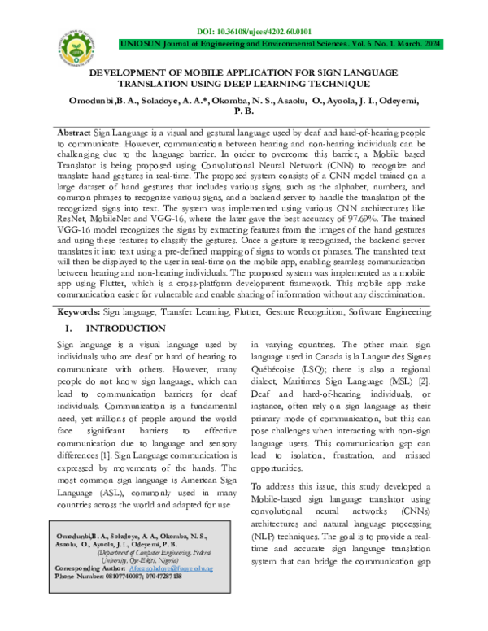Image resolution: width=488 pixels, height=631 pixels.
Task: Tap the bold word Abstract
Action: pyautogui.click(x=75, y=132)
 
